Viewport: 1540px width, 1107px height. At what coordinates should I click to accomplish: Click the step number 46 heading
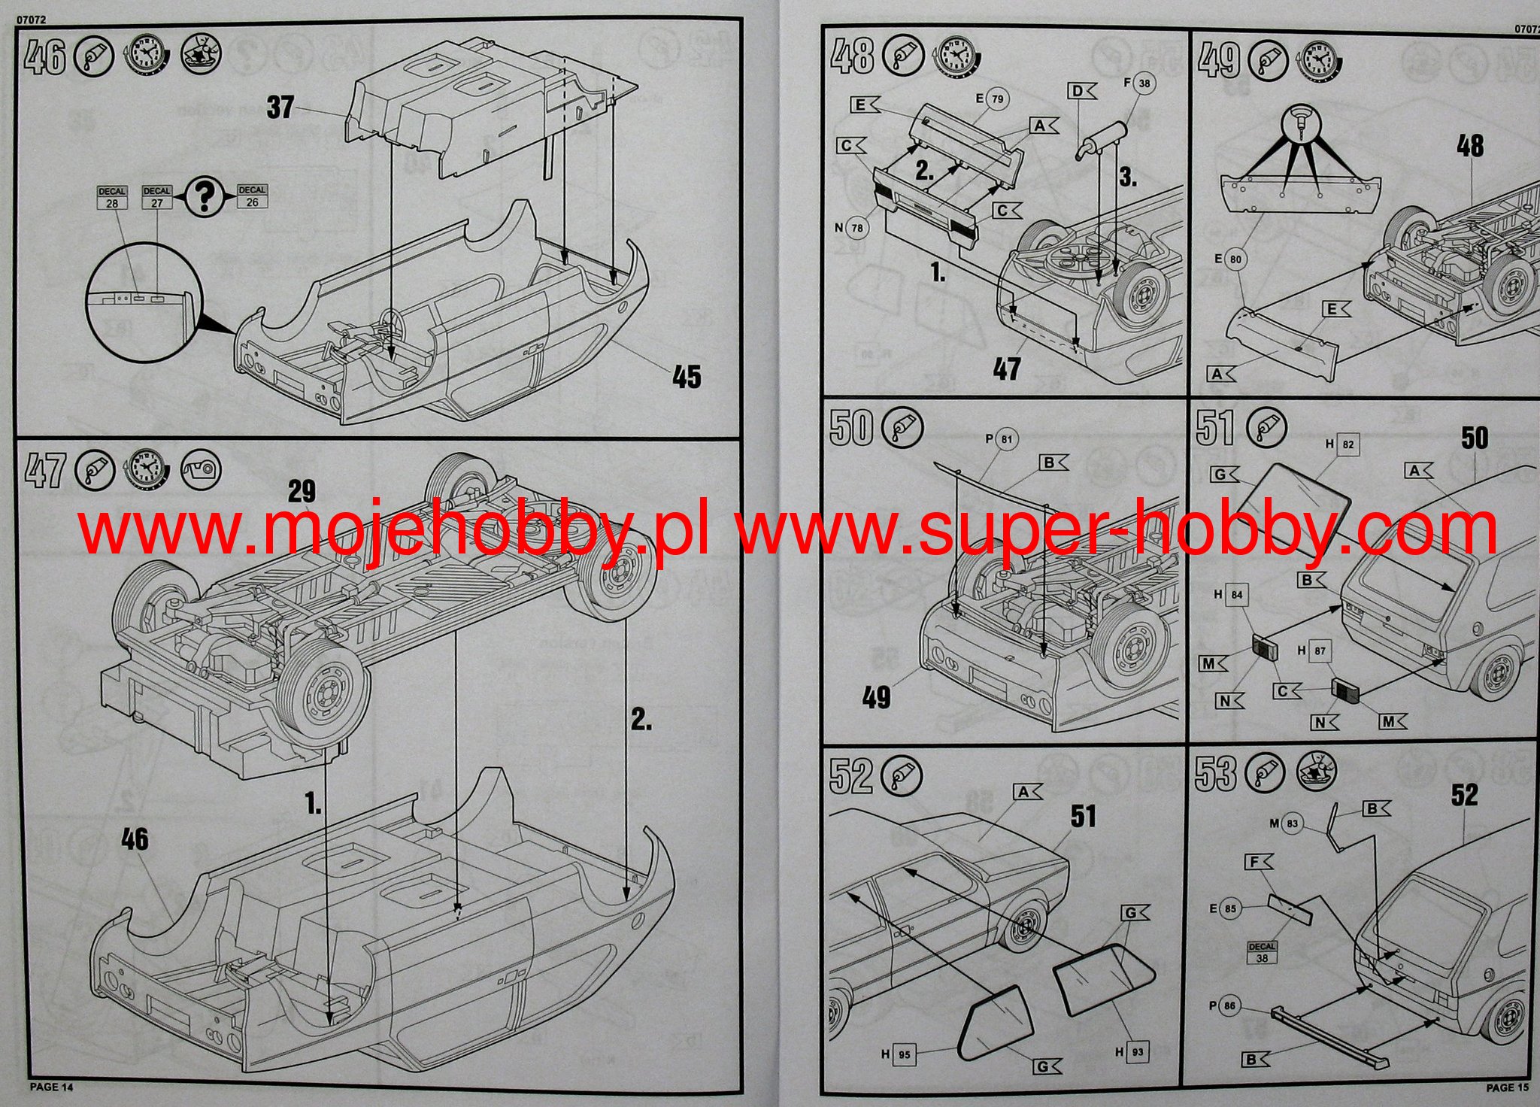(x=45, y=59)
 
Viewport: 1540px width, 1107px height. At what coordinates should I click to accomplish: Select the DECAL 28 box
(x=112, y=198)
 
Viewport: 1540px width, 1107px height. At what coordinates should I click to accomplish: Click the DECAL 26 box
(x=252, y=196)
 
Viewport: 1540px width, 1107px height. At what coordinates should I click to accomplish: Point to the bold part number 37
(x=280, y=108)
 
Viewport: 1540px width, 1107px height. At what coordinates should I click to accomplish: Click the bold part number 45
(x=686, y=377)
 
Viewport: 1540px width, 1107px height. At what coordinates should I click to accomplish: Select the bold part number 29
(x=301, y=492)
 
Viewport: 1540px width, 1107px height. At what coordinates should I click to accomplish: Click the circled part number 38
(x=1144, y=83)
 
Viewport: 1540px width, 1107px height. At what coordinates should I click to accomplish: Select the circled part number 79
(x=997, y=99)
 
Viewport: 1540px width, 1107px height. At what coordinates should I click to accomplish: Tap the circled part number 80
(x=1236, y=260)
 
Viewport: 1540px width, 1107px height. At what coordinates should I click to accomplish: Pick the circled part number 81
(x=1007, y=440)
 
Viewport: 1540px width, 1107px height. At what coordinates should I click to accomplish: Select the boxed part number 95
(x=904, y=1054)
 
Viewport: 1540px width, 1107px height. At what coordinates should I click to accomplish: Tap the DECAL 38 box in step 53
(x=1262, y=953)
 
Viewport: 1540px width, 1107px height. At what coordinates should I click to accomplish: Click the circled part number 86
(x=1229, y=1005)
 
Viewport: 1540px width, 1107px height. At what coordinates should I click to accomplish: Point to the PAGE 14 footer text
(x=52, y=1087)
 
